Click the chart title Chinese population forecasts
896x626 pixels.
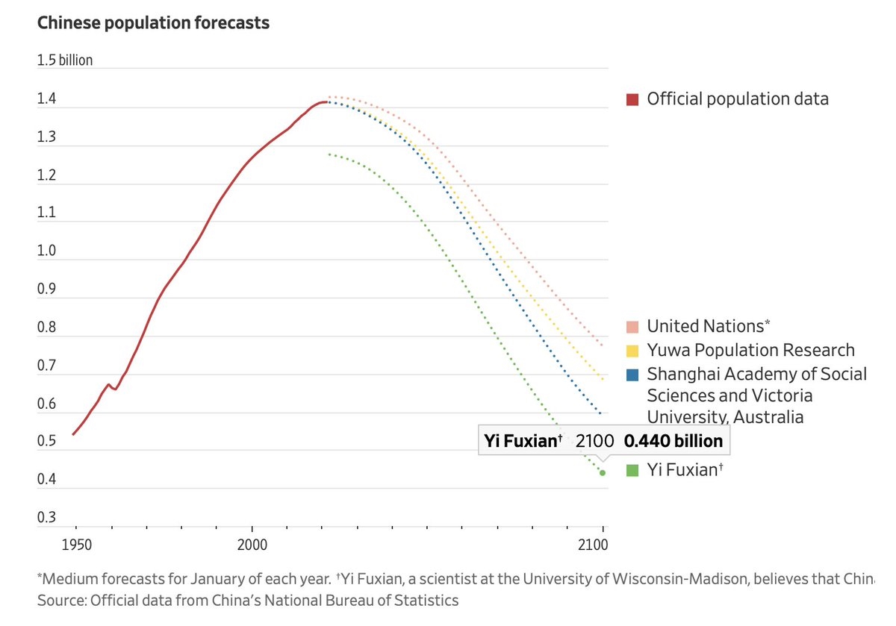coord(153,23)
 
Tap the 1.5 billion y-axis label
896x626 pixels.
coord(65,60)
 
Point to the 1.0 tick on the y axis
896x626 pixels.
coord(46,251)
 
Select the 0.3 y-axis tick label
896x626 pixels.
coord(46,517)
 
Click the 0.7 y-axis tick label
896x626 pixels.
coord(46,366)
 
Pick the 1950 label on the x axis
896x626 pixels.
coord(76,545)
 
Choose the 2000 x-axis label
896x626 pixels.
coord(252,545)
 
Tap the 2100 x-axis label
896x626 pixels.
coord(593,545)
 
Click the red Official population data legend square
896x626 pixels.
coord(632,99)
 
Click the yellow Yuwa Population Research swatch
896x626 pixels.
coord(632,351)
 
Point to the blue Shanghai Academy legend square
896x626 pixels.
coord(632,375)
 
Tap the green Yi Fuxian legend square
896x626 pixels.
coord(632,470)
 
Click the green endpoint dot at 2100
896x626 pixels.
coord(603,473)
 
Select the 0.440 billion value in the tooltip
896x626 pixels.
coord(673,441)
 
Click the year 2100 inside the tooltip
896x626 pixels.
coord(594,441)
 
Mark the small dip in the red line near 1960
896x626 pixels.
coord(116,389)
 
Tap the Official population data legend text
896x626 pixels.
coord(738,99)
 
